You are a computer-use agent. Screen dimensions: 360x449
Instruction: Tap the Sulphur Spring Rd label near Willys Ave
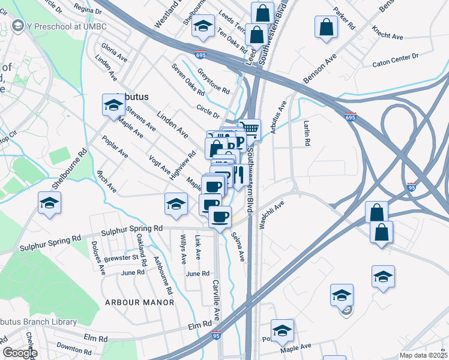click(x=132, y=229)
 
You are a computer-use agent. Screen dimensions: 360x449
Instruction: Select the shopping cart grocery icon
click(x=252, y=130)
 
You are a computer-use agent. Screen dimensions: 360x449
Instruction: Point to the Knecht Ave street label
click(x=387, y=32)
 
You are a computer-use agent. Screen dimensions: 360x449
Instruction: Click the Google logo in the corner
click(x=20, y=353)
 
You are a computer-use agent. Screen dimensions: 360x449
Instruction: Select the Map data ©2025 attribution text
click(x=424, y=355)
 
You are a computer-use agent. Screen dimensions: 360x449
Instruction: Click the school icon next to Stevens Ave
click(x=113, y=106)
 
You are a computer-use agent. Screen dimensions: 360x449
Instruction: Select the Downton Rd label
click(x=73, y=347)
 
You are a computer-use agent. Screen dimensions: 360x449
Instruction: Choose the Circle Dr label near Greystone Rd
click(x=208, y=111)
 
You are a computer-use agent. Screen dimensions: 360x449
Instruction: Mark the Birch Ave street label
click(x=107, y=181)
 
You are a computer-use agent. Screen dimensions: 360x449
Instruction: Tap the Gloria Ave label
click(x=114, y=52)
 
